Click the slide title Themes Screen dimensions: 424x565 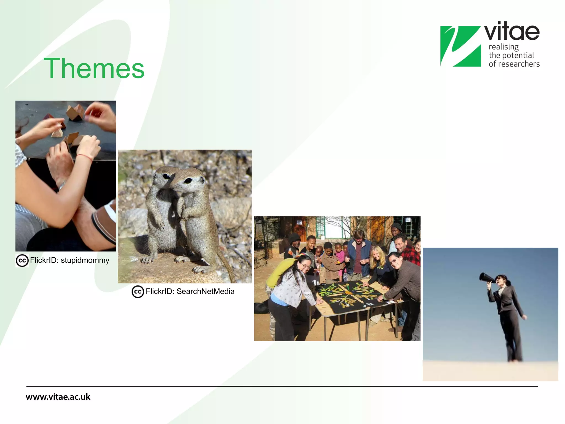[94, 68]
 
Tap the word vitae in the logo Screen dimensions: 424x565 [512, 32]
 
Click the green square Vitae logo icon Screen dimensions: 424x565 [460, 46]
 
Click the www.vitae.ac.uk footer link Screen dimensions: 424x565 [58, 397]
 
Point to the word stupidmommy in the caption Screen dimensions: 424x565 [85, 260]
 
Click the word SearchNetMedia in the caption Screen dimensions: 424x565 [205, 291]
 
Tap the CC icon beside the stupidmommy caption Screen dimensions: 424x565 [22, 261]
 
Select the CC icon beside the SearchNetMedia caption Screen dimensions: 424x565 [138, 292]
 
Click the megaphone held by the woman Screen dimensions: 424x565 [487, 278]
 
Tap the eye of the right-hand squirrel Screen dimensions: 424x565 [188, 181]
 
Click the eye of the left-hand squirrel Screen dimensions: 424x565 [166, 176]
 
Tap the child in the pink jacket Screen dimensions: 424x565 [339, 255]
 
